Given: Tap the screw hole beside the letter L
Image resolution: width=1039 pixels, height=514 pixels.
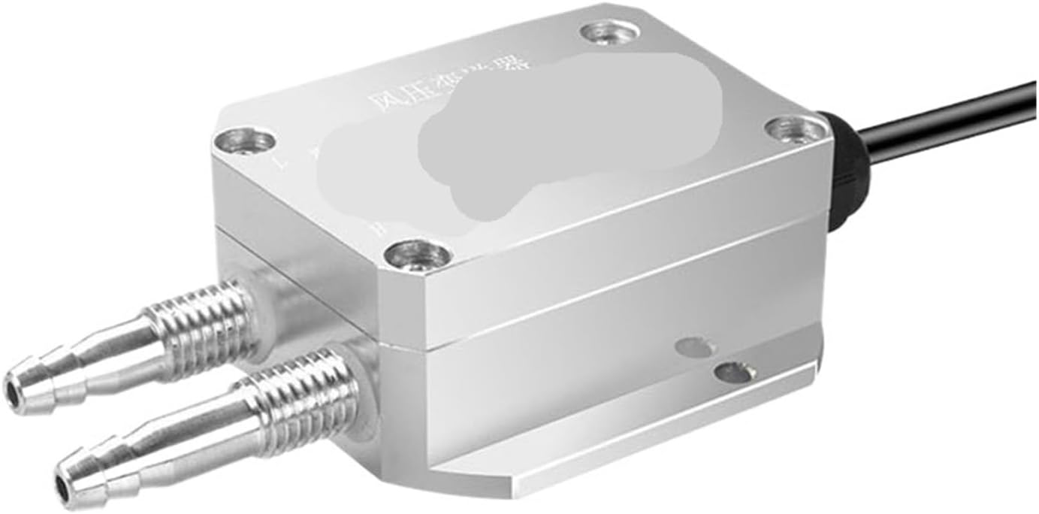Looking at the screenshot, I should click(x=244, y=141).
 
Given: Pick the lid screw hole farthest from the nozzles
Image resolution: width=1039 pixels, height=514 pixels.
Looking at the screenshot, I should click(x=606, y=32).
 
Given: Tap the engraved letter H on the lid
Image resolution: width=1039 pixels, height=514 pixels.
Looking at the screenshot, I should click(x=379, y=226).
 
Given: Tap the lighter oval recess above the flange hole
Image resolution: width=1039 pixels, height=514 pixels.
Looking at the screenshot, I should click(x=694, y=345).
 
